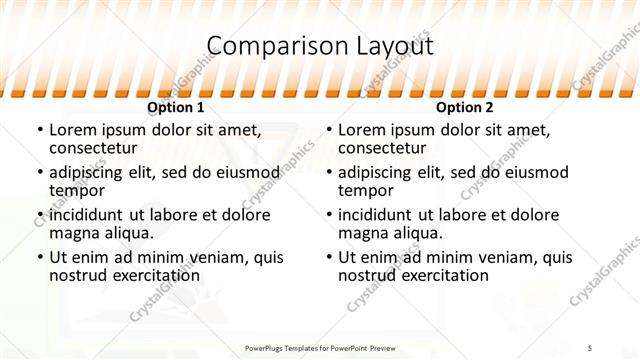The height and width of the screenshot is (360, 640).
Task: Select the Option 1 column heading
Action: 176,107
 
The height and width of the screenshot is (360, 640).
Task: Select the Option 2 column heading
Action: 465,107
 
